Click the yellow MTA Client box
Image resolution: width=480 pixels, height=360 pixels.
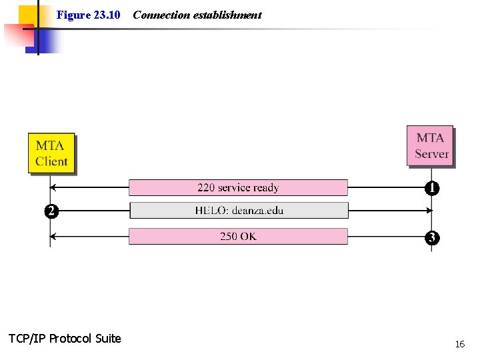[x=51, y=153]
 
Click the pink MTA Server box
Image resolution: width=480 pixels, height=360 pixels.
[x=430, y=145]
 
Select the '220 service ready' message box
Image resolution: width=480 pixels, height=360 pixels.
[x=238, y=187]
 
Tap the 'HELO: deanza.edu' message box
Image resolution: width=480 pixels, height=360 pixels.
[x=239, y=211]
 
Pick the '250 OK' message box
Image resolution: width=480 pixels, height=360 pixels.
[x=238, y=236]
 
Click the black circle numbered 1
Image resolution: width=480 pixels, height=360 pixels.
[x=432, y=189]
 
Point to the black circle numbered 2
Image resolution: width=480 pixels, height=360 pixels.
[x=50, y=211]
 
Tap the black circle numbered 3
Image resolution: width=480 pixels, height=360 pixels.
[x=432, y=237]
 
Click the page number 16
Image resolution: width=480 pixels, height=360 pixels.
[x=459, y=344]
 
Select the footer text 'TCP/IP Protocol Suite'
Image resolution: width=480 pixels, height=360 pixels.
[x=65, y=339]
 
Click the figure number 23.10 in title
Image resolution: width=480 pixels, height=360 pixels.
[x=107, y=15]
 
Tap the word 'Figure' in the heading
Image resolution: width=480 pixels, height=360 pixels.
[x=73, y=15]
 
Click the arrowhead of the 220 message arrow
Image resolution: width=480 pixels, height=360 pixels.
[x=53, y=187]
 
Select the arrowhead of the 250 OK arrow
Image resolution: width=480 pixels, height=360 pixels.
[x=53, y=236]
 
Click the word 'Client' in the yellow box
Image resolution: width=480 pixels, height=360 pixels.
[x=51, y=161]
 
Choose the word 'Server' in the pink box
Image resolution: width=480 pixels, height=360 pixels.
[x=431, y=154]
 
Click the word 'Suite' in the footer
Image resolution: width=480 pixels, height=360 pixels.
[x=108, y=339]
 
